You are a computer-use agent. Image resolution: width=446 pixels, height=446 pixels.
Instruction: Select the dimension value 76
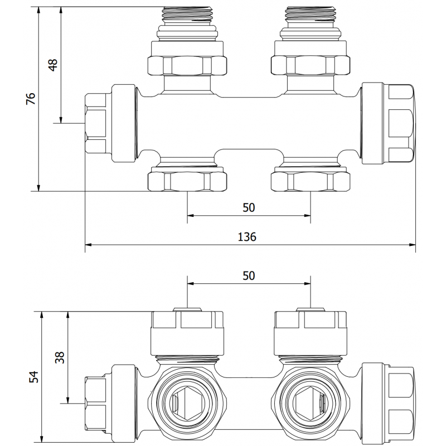[x=31, y=99]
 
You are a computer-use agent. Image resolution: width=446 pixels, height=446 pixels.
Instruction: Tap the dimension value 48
[x=53, y=65]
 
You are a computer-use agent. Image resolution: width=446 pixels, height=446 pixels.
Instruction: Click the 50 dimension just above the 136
[x=249, y=207]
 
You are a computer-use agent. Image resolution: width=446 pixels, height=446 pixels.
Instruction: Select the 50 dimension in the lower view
[x=249, y=275]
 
